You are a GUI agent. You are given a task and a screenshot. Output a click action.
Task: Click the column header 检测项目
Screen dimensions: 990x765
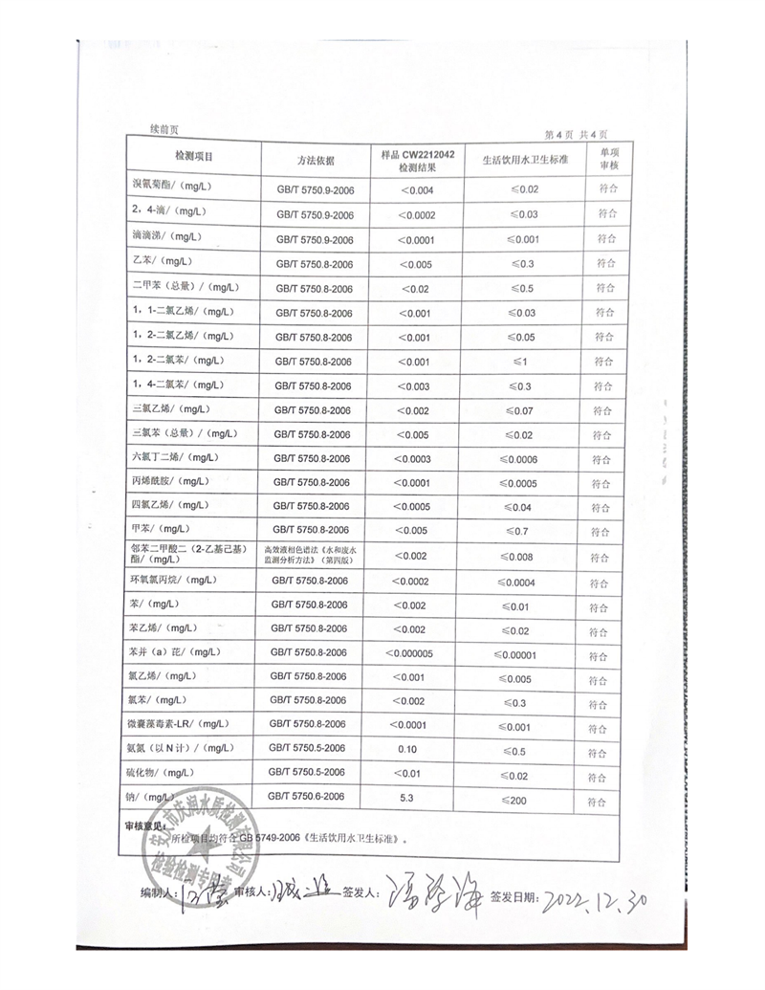coord(194,157)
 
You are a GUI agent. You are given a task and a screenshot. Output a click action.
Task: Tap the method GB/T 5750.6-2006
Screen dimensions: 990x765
coord(312,796)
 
